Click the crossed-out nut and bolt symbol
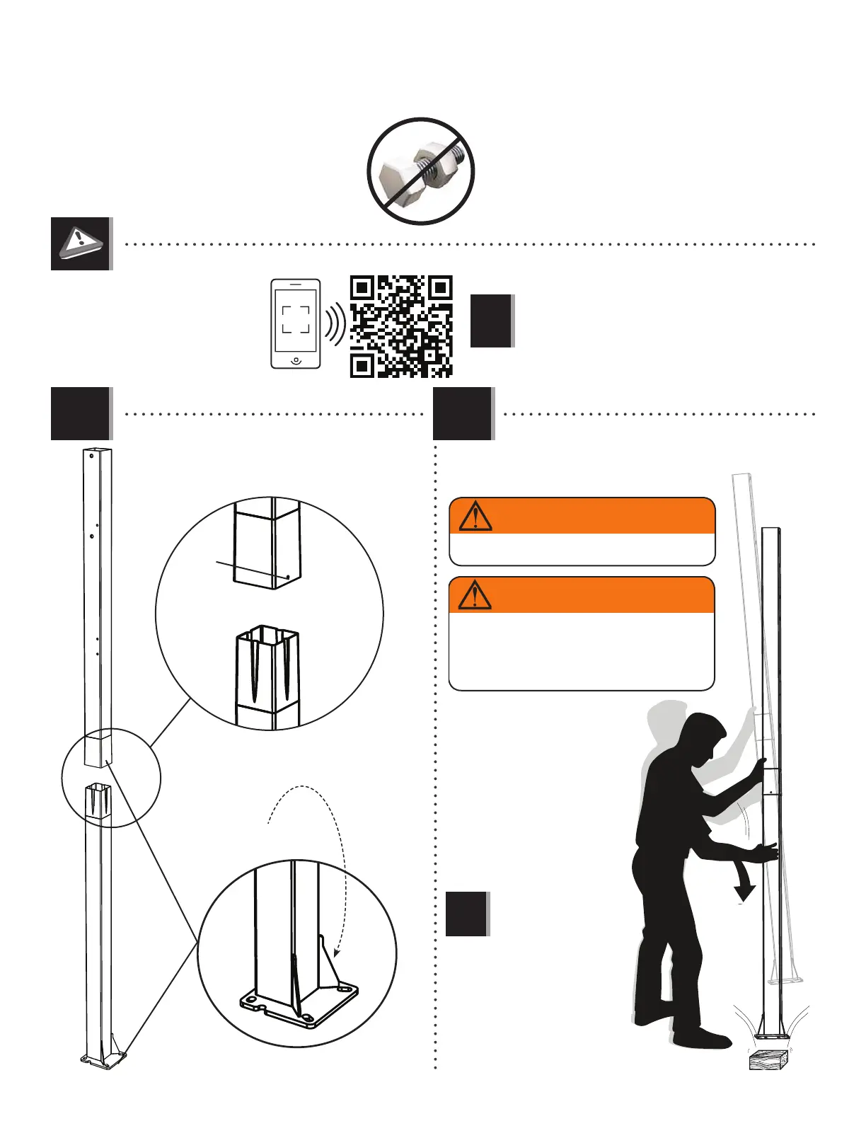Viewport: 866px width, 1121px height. coord(420,171)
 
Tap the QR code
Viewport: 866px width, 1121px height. coord(401,326)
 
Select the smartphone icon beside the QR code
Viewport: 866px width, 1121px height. coord(296,323)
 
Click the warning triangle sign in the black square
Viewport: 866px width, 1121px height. coord(81,243)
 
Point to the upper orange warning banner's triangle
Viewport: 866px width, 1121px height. coord(475,516)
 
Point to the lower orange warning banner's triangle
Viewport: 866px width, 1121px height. coord(475,595)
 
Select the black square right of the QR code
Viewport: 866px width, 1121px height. coord(491,321)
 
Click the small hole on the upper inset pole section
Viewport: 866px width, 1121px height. coord(288,577)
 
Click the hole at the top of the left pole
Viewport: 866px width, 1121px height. coord(91,456)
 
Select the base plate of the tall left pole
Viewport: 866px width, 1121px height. coord(103,1059)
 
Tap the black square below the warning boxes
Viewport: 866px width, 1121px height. coord(466,914)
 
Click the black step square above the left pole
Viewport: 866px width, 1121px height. coord(81,413)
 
